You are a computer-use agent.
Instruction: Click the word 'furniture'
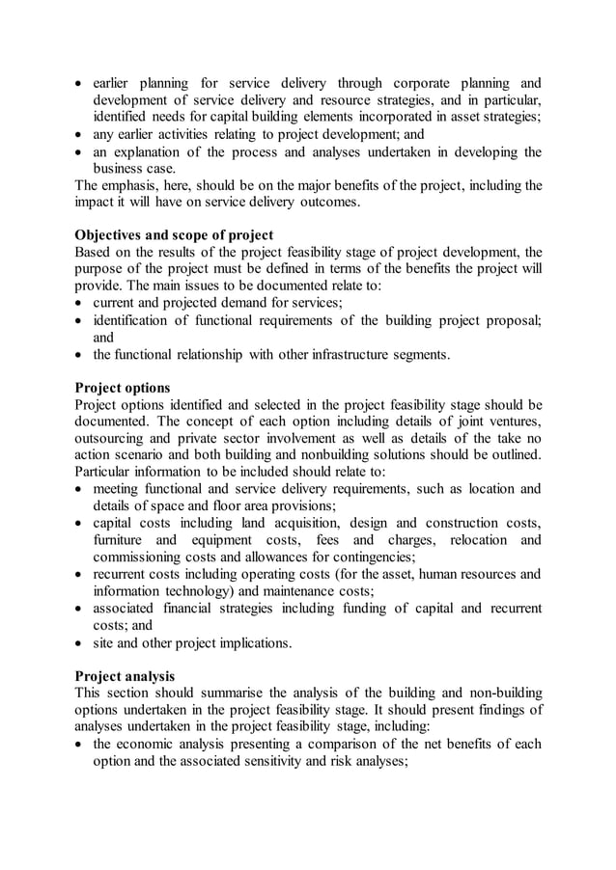123,540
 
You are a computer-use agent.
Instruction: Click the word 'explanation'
156,151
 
